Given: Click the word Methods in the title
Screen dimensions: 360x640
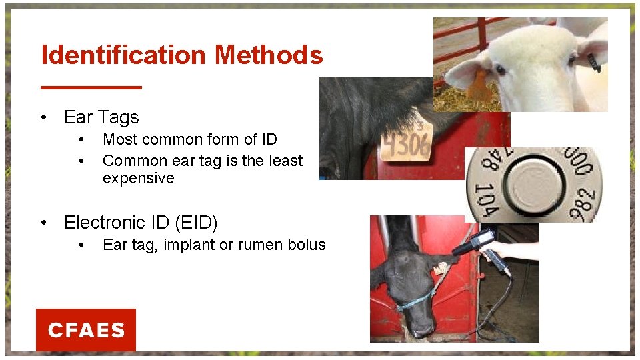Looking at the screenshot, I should coord(269,55).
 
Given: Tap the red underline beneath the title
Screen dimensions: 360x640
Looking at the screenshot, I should coord(91,87).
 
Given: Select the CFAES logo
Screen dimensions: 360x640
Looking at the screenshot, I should coord(86,330).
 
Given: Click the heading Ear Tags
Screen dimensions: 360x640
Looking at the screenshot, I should coord(101,117).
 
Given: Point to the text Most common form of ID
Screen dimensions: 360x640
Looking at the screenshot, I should coord(189,139).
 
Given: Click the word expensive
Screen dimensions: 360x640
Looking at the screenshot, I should coord(138,179).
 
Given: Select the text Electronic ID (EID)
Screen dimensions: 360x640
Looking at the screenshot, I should coord(141,222).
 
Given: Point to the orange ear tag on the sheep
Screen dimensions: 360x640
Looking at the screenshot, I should coord(479,87).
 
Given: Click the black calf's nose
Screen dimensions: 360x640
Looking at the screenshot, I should coord(421,327).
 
